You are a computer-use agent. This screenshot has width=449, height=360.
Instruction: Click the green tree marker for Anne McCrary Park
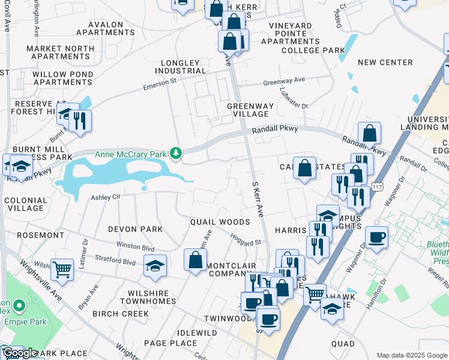point(175,154)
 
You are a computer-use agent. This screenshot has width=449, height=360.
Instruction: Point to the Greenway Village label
point(250,110)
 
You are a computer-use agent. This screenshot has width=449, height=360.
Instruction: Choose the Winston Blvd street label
point(135,247)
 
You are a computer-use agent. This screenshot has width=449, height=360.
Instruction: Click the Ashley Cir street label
point(106,197)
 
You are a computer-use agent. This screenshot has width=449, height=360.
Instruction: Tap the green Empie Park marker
point(19,307)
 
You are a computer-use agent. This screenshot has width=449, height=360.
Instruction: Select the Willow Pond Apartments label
point(63,78)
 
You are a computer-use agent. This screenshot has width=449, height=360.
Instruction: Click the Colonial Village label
point(25,204)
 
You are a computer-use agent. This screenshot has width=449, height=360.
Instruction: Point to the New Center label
point(385,62)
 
